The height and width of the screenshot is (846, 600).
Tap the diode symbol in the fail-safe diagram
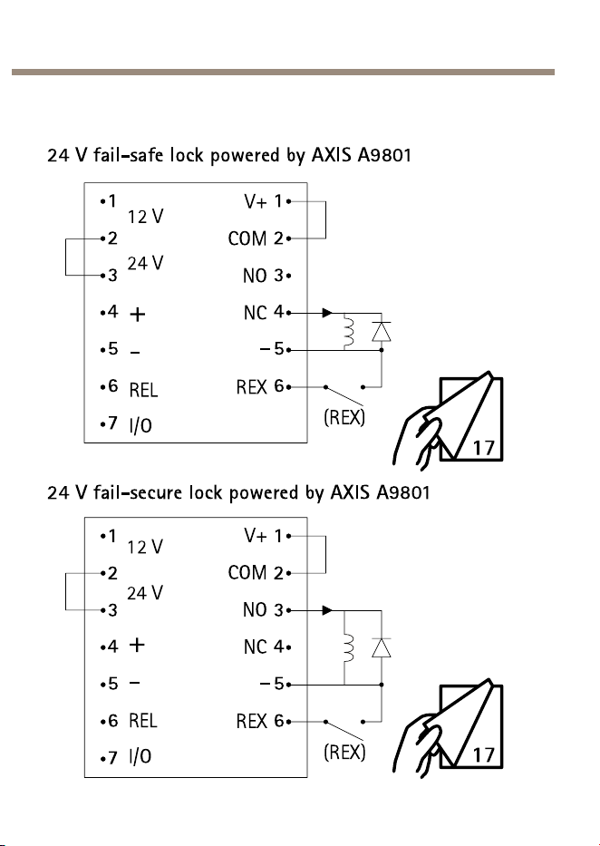(382, 331)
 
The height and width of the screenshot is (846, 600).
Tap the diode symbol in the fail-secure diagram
(382, 647)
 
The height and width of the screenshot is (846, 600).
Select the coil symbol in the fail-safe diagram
(349, 332)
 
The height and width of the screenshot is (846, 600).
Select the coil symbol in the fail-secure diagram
(349, 648)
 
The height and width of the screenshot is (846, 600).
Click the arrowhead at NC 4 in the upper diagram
(327, 313)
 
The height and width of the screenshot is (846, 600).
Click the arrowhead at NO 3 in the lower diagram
(327, 610)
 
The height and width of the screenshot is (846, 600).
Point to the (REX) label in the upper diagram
(344, 417)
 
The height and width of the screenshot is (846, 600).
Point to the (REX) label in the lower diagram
(344, 752)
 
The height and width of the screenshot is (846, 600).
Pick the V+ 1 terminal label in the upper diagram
(263, 202)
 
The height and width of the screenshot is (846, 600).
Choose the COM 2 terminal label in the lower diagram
(256, 572)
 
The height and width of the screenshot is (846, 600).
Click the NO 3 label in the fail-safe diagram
(263, 276)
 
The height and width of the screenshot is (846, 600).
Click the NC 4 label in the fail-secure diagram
(263, 647)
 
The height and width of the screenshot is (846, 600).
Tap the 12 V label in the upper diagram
(146, 217)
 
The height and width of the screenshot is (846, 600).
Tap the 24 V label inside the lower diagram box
(145, 594)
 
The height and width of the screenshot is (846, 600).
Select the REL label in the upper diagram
(143, 390)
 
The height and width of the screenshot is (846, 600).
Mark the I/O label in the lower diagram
(140, 756)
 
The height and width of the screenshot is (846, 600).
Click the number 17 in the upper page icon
(484, 448)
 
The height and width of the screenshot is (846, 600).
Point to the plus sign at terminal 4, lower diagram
(138, 645)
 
